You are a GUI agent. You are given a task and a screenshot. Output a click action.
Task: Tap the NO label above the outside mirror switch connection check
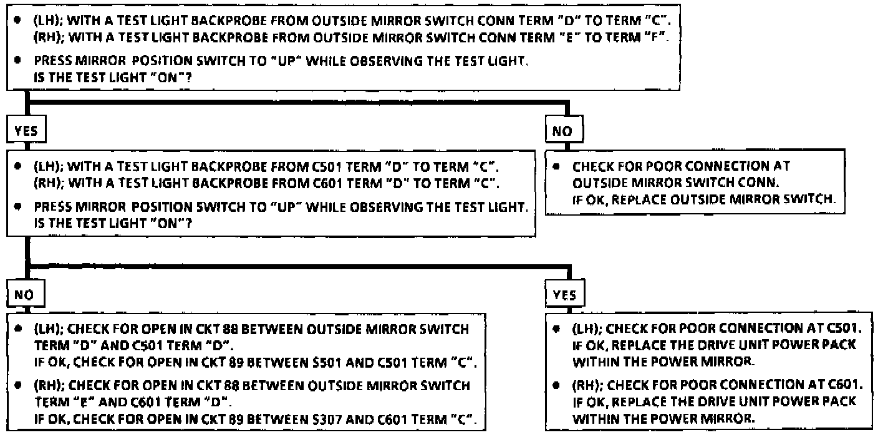559,133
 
